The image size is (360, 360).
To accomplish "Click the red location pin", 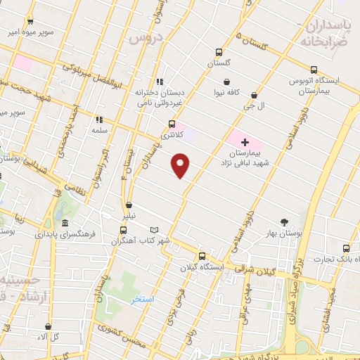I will (x=181, y=165).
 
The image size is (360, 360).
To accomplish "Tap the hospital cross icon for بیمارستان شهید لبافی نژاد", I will (x=245, y=142).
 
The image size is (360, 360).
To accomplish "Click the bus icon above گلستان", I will (x=219, y=52).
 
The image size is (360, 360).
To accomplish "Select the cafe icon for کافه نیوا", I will (x=226, y=91).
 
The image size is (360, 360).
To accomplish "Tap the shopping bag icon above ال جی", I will (x=254, y=96).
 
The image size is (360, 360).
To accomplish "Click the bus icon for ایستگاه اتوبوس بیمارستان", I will (x=314, y=70).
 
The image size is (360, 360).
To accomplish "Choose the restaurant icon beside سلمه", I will (x=98, y=120).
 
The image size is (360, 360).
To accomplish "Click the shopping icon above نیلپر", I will (x=127, y=207).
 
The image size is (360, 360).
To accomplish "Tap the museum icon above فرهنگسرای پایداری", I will (x=65, y=223).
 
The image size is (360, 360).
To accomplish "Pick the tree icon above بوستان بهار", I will (x=285, y=221).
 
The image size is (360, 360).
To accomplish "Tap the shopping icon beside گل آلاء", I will (x=47, y=327).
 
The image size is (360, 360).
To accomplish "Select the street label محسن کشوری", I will (x=141, y=336).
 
